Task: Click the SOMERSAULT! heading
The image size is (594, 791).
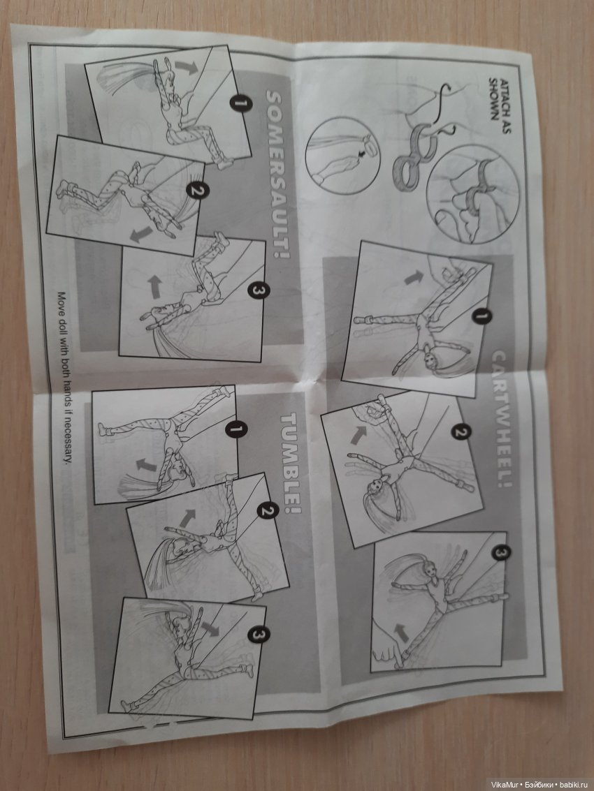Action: [x=277, y=175]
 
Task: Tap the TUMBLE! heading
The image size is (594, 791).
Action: [x=291, y=463]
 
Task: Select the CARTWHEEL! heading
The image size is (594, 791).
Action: [x=500, y=419]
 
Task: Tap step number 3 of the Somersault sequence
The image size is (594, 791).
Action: [x=258, y=290]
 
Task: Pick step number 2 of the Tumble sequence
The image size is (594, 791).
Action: [x=267, y=510]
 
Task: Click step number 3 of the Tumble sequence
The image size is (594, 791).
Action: [x=258, y=635]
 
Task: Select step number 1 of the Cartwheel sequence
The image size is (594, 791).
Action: [x=481, y=317]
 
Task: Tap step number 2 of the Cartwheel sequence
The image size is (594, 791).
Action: [x=460, y=432]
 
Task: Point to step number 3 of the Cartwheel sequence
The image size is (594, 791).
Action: [x=500, y=553]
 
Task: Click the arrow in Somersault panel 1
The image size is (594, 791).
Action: [x=187, y=67]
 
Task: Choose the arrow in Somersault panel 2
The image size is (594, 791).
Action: [x=141, y=234]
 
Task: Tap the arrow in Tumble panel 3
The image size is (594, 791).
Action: [x=210, y=628]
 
